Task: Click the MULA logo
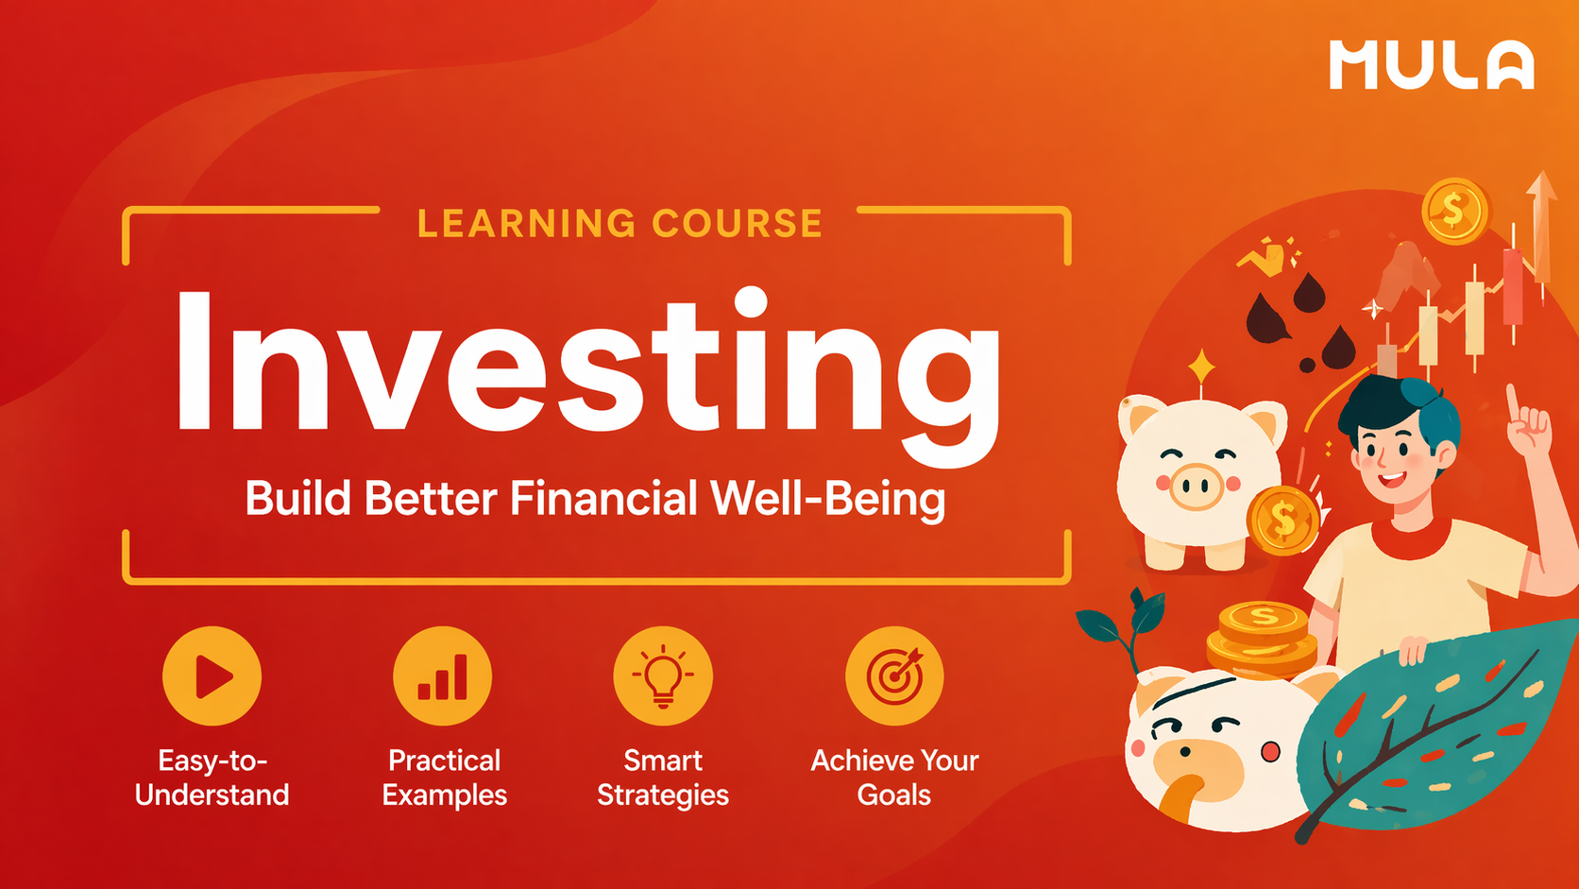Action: pos(1431,65)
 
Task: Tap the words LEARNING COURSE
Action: pos(620,224)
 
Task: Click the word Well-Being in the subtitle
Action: pos(826,499)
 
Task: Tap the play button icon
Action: pos(212,676)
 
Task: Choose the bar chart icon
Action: pos(443,676)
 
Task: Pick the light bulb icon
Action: pos(663,676)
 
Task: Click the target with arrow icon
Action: pos(893,676)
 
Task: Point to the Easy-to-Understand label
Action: pos(212,778)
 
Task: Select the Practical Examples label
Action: pos(444,778)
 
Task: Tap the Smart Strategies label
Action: pos(663,778)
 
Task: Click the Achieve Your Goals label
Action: pos(893,778)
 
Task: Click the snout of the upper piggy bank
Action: pos(1197,487)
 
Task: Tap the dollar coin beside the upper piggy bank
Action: pos(1282,520)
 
